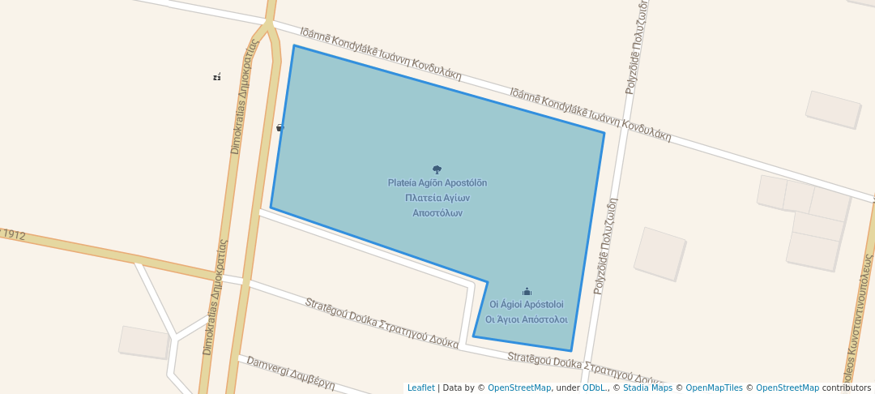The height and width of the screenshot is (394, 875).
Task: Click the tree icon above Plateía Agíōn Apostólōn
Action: pyautogui.click(x=437, y=169)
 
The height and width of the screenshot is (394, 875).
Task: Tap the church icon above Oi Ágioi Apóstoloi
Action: pyautogui.click(x=527, y=291)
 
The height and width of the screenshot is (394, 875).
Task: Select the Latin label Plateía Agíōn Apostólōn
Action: pyautogui.click(x=437, y=183)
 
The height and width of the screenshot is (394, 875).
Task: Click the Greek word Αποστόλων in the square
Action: pyautogui.click(x=437, y=213)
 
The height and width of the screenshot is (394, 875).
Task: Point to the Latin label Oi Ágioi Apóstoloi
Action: pyautogui.click(x=526, y=305)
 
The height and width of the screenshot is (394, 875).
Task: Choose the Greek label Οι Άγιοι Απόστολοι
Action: pyautogui.click(x=526, y=319)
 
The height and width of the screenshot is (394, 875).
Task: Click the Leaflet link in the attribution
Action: pyautogui.click(x=420, y=388)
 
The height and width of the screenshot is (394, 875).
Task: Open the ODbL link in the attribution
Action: pyautogui.click(x=593, y=388)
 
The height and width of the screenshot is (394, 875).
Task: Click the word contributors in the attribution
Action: pyautogui.click(x=847, y=388)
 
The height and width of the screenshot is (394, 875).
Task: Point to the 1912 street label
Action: pyautogui.click(x=14, y=235)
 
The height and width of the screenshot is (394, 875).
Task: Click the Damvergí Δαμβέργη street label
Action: pyautogui.click(x=290, y=373)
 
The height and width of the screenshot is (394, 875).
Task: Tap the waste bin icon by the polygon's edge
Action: pyautogui.click(x=280, y=127)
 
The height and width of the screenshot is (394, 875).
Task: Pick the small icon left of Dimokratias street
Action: pyautogui.click(x=217, y=77)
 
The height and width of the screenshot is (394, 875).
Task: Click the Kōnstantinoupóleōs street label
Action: pyautogui.click(x=862, y=324)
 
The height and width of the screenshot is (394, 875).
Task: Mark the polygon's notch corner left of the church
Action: pyautogui.click(x=487, y=282)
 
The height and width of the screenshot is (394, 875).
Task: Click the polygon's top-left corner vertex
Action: pyautogui.click(x=294, y=45)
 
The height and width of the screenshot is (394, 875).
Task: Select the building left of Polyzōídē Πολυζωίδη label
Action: pyautogui.click(x=659, y=254)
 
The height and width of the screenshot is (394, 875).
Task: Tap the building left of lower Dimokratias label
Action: pyautogui.click(x=145, y=342)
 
